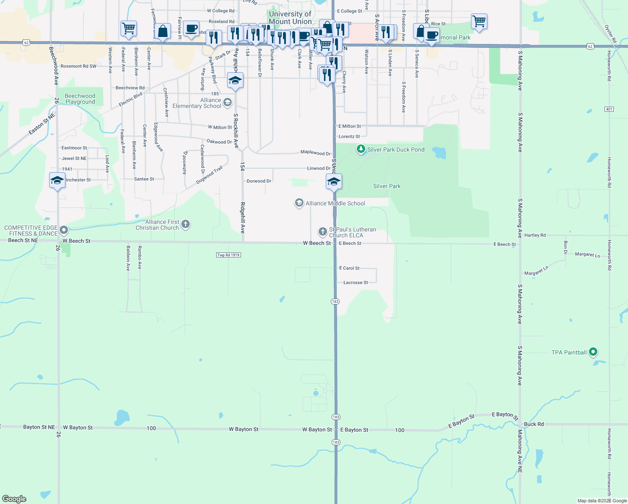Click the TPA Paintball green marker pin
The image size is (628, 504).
593,352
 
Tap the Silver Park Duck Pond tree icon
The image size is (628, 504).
361,149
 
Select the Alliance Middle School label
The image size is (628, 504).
335,203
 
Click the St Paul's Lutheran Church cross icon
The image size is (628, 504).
322,231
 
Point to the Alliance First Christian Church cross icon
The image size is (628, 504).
186,225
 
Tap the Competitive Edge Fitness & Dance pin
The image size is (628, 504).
64,230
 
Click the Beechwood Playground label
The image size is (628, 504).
80,99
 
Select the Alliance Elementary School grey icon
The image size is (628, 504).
227,102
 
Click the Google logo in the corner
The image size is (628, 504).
14,499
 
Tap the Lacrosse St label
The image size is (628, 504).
356,283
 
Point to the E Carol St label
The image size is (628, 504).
349,268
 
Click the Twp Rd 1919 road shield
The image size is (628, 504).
228,255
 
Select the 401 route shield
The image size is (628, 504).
609,109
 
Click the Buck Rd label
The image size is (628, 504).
534,424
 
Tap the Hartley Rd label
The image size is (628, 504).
535,235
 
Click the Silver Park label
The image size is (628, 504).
387,186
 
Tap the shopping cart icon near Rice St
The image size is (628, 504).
479,21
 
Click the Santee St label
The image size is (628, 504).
144,179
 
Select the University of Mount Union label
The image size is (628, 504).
290,18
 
